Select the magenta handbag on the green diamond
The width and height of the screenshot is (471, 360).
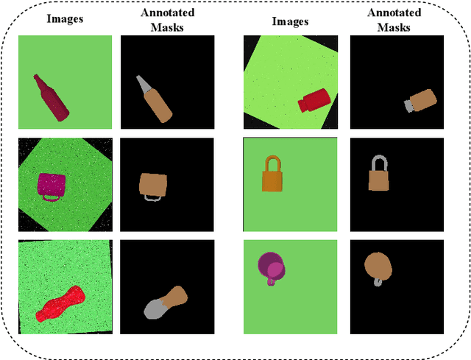tap(51, 183)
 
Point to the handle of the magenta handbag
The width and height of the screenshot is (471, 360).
tap(52, 198)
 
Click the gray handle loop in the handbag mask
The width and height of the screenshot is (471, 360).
tap(152, 197)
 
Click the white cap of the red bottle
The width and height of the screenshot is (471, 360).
tap(302, 105)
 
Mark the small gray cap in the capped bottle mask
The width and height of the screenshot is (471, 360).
tap(407, 107)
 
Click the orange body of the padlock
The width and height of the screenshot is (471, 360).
tap(272, 179)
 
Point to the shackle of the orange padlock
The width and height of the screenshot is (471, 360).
tap(272, 160)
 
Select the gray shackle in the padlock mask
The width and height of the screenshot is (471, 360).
tap(379, 161)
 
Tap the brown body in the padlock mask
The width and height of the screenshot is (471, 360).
tap(378, 180)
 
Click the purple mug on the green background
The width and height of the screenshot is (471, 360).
tap(269, 266)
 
